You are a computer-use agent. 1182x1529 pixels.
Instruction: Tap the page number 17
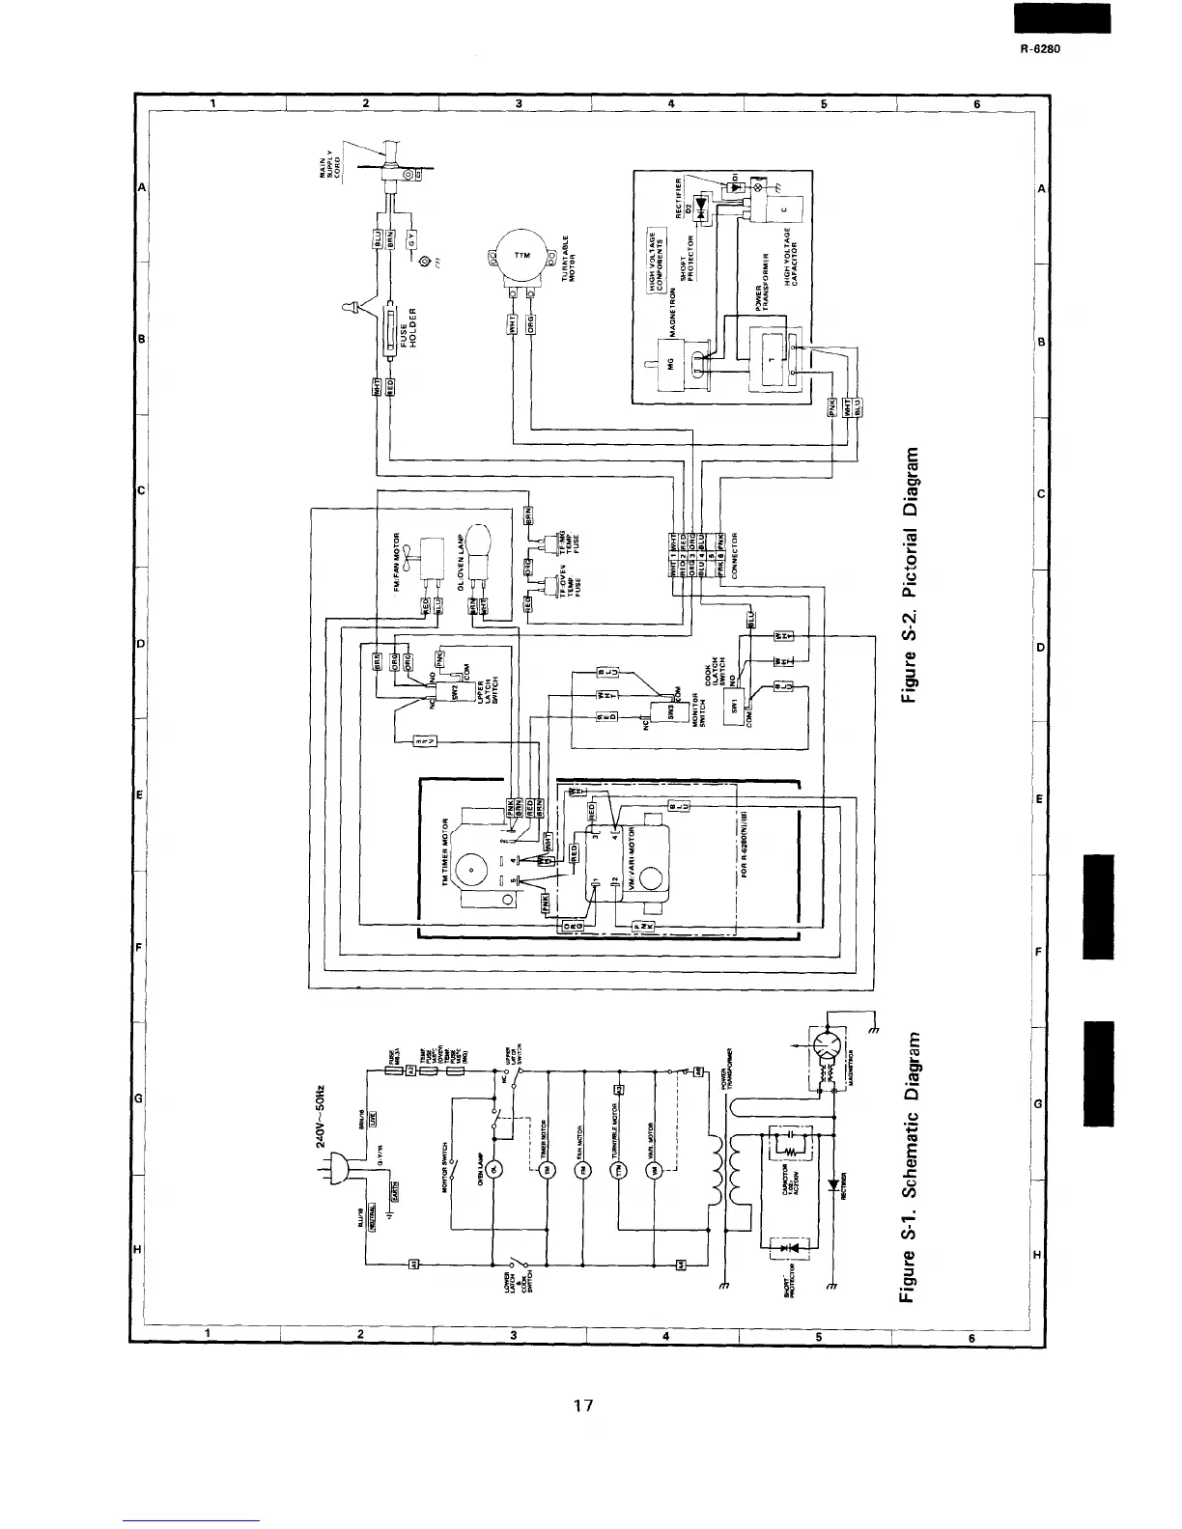point(581,1404)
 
